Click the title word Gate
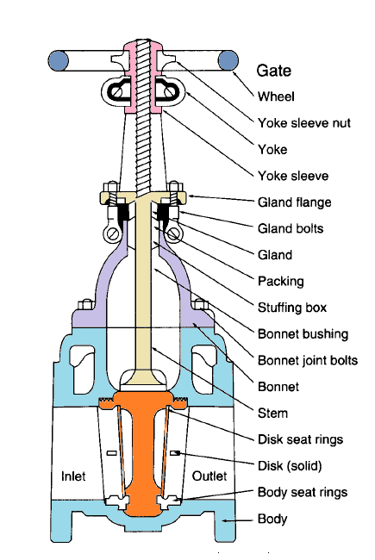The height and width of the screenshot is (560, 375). [274, 69]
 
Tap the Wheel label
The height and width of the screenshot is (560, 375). [277, 96]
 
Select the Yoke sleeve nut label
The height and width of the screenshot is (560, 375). [304, 122]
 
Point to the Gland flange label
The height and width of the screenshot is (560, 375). [295, 202]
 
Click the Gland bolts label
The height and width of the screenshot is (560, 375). [292, 228]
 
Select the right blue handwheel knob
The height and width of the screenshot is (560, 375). [228, 59]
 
